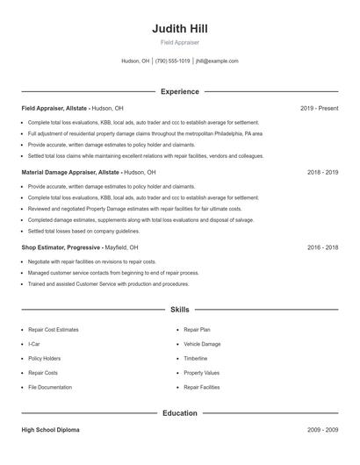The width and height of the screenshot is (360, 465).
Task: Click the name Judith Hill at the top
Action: (179, 28)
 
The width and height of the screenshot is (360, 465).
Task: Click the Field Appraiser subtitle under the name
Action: (179, 42)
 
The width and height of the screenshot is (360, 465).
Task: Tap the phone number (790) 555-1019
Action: (173, 61)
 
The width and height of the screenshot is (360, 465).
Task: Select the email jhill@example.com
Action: (217, 61)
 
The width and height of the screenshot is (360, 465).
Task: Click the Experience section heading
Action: (179, 91)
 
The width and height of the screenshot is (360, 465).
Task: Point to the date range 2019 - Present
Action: (319, 108)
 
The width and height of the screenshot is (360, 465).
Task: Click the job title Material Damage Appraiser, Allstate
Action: (70, 173)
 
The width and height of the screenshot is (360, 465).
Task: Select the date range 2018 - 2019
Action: (322, 173)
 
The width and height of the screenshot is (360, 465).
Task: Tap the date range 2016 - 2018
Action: (322, 248)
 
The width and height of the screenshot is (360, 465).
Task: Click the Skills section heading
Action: (179, 310)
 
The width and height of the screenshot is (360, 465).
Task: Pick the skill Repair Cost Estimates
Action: (54, 330)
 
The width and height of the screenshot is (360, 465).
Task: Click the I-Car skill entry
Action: (34, 344)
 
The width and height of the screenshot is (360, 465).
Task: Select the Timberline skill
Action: (196, 358)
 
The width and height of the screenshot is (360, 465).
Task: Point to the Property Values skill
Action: (201, 372)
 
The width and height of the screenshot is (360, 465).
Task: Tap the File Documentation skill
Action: (50, 387)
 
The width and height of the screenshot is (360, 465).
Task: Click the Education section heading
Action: (179, 412)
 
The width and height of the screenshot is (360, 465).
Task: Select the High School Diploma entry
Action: (50, 430)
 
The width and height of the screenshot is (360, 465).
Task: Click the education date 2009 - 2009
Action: (322, 430)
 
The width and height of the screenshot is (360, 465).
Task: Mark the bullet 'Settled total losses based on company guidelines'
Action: (83, 231)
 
